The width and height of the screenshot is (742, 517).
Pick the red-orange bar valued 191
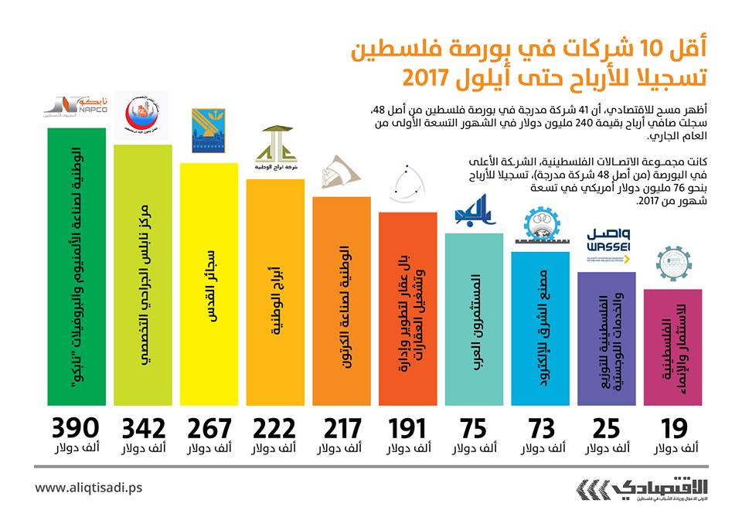coord(407,309)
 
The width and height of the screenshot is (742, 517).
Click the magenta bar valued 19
coord(672,347)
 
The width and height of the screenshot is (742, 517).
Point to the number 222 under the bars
coord(274,428)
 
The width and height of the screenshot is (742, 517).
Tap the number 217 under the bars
coord(341,428)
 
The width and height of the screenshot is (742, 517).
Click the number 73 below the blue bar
coord(539,428)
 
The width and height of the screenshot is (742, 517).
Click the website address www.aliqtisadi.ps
coord(89,488)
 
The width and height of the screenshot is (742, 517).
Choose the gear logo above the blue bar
coord(539,226)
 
